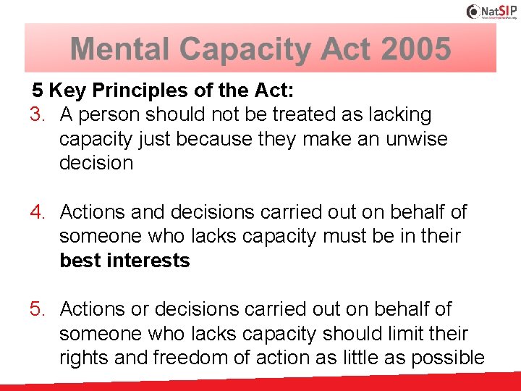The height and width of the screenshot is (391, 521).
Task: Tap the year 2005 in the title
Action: pos(416,49)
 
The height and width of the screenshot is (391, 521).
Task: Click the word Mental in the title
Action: pos(121,49)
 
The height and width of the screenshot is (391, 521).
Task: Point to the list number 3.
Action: pos(38,114)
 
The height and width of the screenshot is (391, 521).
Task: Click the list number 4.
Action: pos(38,212)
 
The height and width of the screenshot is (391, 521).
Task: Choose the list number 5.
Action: pos(38,309)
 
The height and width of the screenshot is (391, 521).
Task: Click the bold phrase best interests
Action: pos(124,261)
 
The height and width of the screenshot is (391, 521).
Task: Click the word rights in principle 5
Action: pos(82,358)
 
